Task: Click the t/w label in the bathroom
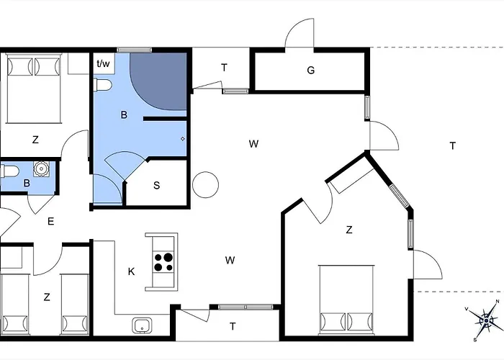point(104,63)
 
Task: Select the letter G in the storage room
point(311,71)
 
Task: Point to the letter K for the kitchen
point(131,271)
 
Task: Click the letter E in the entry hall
point(50,222)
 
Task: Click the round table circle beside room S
point(205,184)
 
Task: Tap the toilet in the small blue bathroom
point(9,173)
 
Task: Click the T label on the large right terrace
point(452,146)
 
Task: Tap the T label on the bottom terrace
point(233,326)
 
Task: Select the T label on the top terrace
point(224,68)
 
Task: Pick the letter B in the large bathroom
point(124,115)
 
